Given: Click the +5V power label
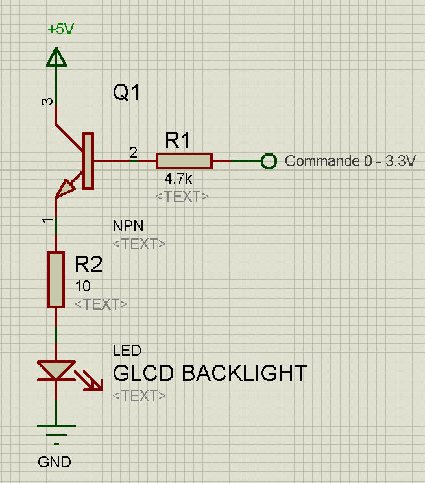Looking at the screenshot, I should coord(61,30).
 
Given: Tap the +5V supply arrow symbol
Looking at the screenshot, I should coord(56,58).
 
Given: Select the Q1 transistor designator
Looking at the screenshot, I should coord(127,93).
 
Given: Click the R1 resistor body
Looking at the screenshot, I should coord(184,161).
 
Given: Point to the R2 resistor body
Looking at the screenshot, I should coord(56,280).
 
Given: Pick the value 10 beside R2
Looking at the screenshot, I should coord(83,286).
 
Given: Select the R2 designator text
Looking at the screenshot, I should coord(88,264).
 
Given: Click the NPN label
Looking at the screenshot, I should coord(128,226).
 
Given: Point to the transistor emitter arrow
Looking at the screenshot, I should coord(66,189).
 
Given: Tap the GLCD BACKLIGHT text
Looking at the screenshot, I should coord(210,373).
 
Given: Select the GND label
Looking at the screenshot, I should coord(55,463).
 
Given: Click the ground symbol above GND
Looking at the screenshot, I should coord(56,432).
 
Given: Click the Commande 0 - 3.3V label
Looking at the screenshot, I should coord(350,161).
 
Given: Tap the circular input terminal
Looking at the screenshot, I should coord(268,161).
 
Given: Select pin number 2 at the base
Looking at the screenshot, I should coord(133,153).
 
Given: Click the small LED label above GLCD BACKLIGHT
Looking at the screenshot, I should coord(127,351).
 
